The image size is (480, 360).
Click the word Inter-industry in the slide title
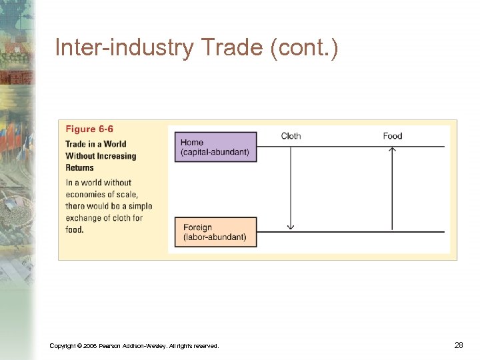point(119,48)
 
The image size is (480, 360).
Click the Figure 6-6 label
point(89,129)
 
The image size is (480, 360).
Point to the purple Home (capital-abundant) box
point(215,147)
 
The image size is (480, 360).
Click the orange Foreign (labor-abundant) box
point(215,232)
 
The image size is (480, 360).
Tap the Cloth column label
point(291,136)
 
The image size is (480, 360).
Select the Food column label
point(392,136)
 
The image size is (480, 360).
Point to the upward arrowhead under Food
point(392,150)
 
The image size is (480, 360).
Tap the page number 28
point(458,345)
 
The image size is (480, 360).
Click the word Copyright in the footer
point(63,345)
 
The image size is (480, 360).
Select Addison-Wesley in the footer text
point(142,345)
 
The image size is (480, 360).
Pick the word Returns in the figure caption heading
point(79,168)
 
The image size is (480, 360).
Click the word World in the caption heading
point(115,144)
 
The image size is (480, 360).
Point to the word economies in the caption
point(87,194)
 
